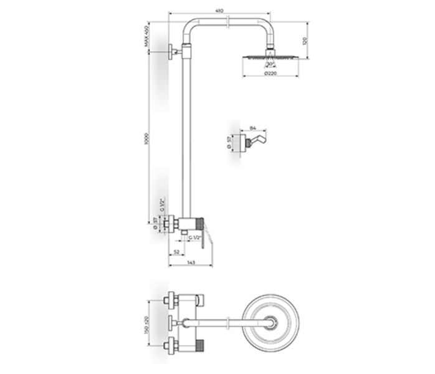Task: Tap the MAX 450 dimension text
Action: (146, 37)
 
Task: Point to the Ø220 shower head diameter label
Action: (270, 73)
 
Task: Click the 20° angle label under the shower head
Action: (270, 64)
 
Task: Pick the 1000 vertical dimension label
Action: (146, 138)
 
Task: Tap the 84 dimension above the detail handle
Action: (252, 128)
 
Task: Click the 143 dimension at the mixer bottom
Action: (191, 264)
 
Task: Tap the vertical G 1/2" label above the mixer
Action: (161, 205)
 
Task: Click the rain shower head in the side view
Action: (270, 57)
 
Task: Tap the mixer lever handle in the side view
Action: (208, 234)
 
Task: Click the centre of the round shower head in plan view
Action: (270, 322)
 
